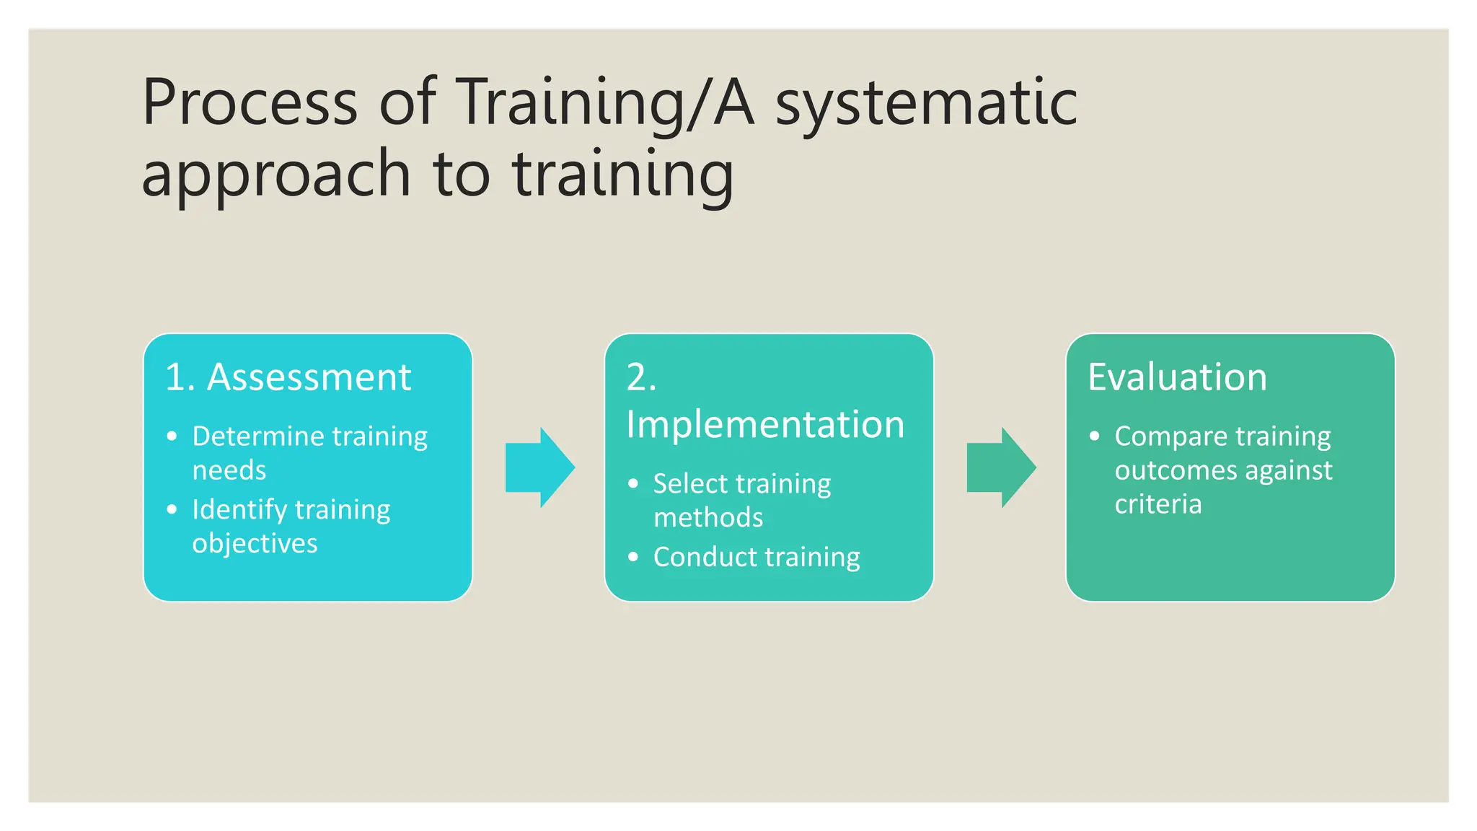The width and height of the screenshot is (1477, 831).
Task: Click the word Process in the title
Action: pyautogui.click(x=250, y=102)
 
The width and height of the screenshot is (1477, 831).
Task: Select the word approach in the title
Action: pyautogui.click(x=276, y=175)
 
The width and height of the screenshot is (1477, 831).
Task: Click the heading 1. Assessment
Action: pyautogui.click(x=288, y=377)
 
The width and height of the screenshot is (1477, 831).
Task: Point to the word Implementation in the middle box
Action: pyautogui.click(x=765, y=424)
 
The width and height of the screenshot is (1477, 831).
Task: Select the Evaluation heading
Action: pyautogui.click(x=1177, y=377)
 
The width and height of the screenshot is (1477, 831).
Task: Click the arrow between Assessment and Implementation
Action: pyautogui.click(x=539, y=467)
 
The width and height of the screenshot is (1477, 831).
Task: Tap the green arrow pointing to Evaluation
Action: pyautogui.click(x=1001, y=467)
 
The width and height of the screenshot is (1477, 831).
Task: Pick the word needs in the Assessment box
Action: pyautogui.click(x=229, y=470)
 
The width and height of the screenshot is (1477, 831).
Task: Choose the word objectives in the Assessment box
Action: pyautogui.click(x=255, y=543)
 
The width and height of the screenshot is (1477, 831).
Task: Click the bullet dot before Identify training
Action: pyautogui.click(x=172, y=509)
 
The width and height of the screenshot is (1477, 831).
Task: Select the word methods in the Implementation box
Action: pyautogui.click(x=708, y=518)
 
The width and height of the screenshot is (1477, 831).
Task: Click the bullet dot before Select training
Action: pyautogui.click(x=633, y=483)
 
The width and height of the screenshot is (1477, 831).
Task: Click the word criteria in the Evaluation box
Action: pyautogui.click(x=1158, y=504)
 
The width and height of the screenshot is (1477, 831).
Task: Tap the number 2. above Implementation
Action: pyautogui.click(x=641, y=377)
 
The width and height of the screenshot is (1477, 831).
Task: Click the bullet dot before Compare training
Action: pyautogui.click(x=1095, y=436)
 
